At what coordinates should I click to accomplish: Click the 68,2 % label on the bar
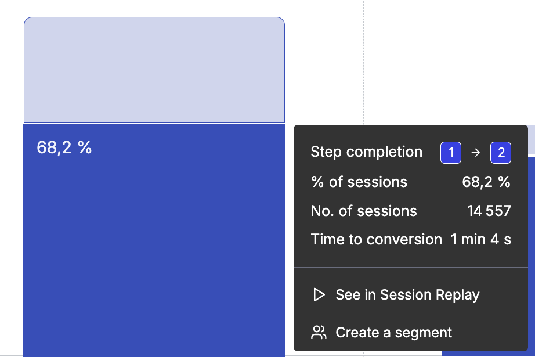pyautogui.click(x=64, y=147)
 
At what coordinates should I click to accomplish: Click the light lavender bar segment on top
pyautogui.click(x=154, y=70)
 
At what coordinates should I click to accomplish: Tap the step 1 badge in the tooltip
pyautogui.click(x=451, y=152)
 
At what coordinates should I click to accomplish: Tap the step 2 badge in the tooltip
pyautogui.click(x=501, y=152)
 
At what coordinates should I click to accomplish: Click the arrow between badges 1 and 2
pyautogui.click(x=476, y=153)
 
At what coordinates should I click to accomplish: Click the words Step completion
pyautogui.click(x=367, y=152)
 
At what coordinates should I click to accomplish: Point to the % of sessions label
pyautogui.click(x=359, y=182)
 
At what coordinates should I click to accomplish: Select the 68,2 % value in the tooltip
pyautogui.click(x=486, y=182)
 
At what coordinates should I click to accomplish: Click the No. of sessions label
pyautogui.click(x=364, y=211)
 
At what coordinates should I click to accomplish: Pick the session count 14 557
pyautogui.click(x=489, y=211)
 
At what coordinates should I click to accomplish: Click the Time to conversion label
pyautogui.click(x=377, y=239)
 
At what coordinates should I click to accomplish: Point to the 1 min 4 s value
pyautogui.click(x=481, y=239)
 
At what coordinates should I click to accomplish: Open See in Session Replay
pyautogui.click(x=407, y=295)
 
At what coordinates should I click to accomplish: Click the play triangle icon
pyautogui.click(x=319, y=295)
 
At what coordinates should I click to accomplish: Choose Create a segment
pyautogui.click(x=394, y=332)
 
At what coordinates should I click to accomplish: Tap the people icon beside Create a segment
pyautogui.click(x=319, y=332)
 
